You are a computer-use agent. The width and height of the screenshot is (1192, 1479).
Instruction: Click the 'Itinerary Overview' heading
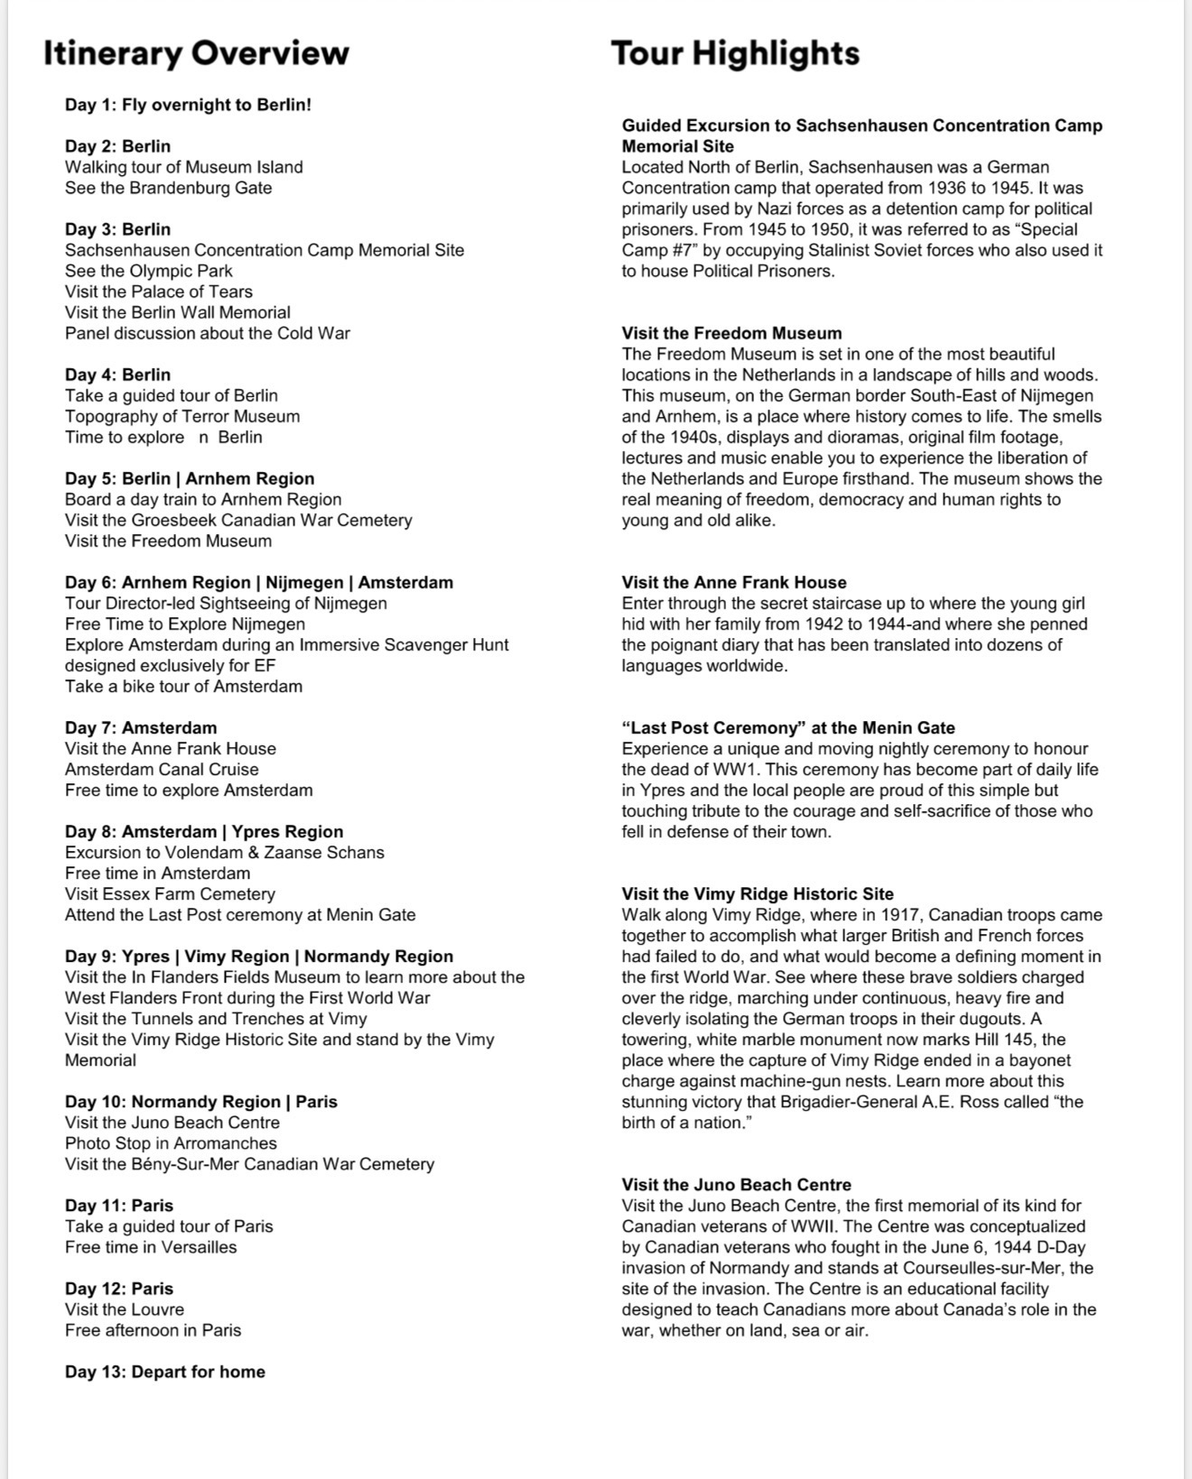196,53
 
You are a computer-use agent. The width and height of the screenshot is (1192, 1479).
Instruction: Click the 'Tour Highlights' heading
735,53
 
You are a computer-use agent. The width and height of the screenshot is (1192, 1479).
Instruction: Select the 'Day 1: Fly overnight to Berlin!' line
188,105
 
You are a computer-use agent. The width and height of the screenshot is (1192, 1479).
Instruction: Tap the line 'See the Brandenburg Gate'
168,188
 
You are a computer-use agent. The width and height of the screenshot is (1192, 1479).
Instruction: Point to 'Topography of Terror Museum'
182,416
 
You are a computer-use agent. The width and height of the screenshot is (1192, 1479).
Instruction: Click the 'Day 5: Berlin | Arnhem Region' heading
190,478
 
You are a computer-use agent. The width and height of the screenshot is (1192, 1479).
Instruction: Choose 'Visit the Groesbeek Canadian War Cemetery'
238,520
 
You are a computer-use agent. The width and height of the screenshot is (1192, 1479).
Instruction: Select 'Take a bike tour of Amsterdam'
183,686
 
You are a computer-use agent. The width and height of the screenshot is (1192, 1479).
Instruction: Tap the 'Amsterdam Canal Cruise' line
162,769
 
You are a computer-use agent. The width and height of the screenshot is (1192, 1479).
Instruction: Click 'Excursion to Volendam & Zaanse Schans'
224,852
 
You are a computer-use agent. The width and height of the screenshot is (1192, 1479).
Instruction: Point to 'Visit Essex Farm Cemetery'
170,893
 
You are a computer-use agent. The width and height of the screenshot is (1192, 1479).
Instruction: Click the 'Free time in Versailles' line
151,1247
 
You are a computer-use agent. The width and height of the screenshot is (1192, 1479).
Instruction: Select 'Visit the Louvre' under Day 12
125,1309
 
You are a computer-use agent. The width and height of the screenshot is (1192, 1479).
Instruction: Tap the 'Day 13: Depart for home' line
165,1372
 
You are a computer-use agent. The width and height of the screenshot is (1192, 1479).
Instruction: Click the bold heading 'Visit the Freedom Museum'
731,333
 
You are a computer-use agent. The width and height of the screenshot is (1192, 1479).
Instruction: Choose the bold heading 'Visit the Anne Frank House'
734,582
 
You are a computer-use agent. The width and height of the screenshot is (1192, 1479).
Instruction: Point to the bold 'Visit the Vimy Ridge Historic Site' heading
758,893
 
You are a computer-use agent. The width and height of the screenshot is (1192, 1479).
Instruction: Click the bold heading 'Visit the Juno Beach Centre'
736,1184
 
